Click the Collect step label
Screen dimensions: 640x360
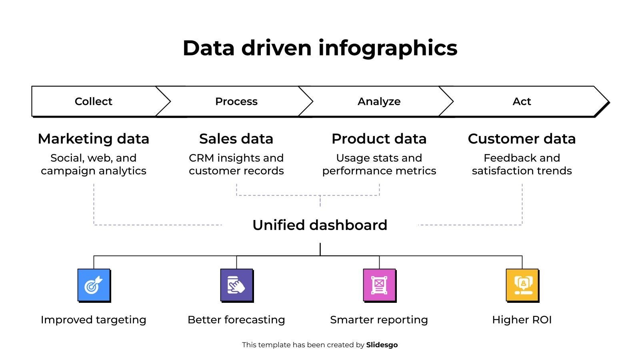tap(94, 102)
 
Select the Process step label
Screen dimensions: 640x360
tap(236, 102)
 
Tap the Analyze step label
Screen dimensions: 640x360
tap(379, 102)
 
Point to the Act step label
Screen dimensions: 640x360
tap(522, 102)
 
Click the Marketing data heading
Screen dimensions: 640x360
tap(94, 139)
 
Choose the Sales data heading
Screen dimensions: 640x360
tap(236, 139)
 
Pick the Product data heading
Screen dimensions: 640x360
tap(379, 139)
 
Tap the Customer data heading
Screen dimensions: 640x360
tap(522, 139)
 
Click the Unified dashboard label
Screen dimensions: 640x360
tap(320, 225)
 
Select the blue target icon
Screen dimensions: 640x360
tap(94, 285)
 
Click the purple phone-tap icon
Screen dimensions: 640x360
tap(237, 285)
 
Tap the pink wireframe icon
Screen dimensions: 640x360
tap(380, 285)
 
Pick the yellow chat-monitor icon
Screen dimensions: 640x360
tap(522, 285)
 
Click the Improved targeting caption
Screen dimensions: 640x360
tap(94, 320)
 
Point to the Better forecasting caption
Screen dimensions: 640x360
tap(236, 320)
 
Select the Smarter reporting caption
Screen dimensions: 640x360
tap(379, 320)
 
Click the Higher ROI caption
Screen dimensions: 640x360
tap(522, 320)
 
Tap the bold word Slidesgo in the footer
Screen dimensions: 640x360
tap(382, 345)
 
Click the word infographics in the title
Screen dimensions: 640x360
tap(388, 48)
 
